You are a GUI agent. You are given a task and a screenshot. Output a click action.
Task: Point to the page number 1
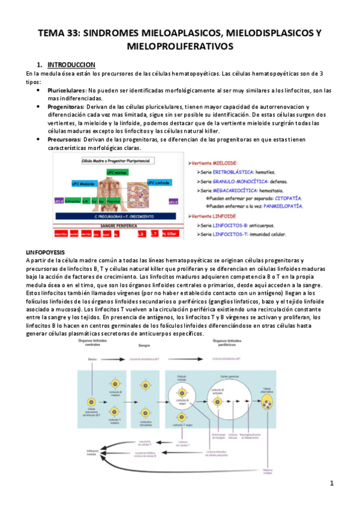coord(331,483)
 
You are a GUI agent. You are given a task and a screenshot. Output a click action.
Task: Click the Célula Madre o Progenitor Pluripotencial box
coord(118,161)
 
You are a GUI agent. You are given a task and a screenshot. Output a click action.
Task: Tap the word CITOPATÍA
coord(286,197)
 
